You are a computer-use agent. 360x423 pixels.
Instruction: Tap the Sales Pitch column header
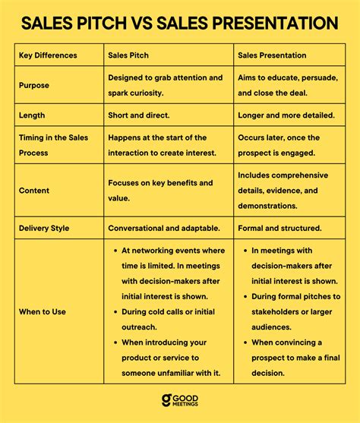(128, 55)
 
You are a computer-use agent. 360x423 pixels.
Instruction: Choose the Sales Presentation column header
(273, 55)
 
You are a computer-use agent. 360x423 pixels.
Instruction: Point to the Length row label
(33, 115)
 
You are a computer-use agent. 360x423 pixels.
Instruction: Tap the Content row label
(34, 191)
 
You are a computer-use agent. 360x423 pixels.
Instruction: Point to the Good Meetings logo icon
(166, 401)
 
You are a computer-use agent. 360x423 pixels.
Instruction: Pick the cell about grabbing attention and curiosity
(166, 85)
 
